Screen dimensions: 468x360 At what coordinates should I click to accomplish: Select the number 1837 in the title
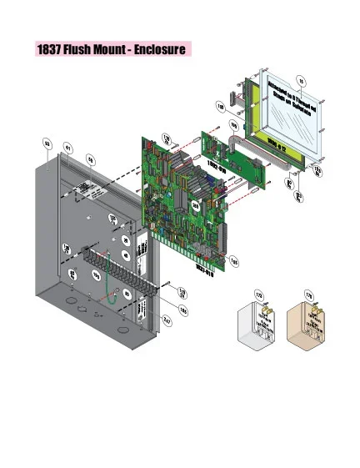tap(48, 50)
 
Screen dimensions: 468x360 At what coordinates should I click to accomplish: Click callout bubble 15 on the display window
tap(302, 80)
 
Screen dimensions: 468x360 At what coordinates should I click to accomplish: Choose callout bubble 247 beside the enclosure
tap(167, 320)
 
